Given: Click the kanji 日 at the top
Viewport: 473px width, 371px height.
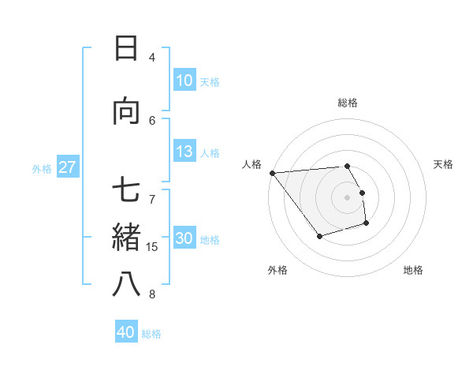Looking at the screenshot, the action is pyautogui.click(x=126, y=48).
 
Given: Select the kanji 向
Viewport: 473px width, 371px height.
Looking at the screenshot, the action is pyautogui.click(x=126, y=111).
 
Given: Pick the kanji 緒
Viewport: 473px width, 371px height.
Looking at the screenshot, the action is pyautogui.click(x=126, y=238).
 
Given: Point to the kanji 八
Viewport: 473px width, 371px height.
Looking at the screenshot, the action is pyautogui.click(x=126, y=284).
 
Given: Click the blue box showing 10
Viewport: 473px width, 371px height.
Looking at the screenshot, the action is pyautogui.click(x=184, y=81).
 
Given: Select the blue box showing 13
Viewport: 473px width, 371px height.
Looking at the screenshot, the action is pyautogui.click(x=184, y=152).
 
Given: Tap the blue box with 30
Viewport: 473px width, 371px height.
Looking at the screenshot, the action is pyautogui.click(x=184, y=239).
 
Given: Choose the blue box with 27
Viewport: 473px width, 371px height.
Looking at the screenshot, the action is pyautogui.click(x=67, y=167).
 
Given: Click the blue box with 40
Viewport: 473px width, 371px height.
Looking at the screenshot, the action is pyautogui.click(x=126, y=332).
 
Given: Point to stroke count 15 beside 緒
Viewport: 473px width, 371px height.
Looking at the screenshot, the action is pyautogui.click(x=152, y=247).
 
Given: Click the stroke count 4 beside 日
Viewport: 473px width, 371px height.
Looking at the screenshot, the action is pyautogui.click(x=152, y=57).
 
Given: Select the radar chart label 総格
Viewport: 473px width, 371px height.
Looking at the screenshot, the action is pyautogui.click(x=348, y=103).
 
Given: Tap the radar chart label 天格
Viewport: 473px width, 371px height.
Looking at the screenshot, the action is pyautogui.click(x=444, y=164).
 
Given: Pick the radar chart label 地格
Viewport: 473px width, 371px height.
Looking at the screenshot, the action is pyautogui.click(x=413, y=270).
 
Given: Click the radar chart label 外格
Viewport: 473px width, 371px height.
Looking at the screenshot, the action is pyautogui.click(x=277, y=270).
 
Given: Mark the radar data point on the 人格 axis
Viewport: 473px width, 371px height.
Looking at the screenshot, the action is pyautogui.click(x=272, y=173).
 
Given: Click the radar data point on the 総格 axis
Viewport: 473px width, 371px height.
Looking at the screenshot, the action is pyautogui.click(x=348, y=167).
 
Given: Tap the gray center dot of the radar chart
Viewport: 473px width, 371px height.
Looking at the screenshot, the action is pyautogui.click(x=348, y=197).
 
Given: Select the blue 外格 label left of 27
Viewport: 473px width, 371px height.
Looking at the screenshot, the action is pyautogui.click(x=42, y=168).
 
